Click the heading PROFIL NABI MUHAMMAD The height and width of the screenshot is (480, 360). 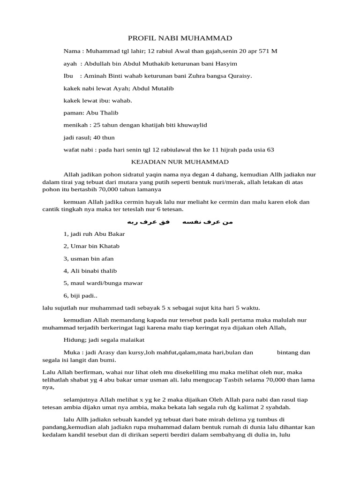pos(180,38)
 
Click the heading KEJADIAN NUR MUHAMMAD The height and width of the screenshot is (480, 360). pos(179,162)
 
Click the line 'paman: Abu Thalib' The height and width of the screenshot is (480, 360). pos(90,113)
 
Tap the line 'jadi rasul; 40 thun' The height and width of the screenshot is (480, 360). pos(89,137)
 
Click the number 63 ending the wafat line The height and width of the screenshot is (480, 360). pos(270,150)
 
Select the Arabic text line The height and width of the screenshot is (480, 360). pos(180,221)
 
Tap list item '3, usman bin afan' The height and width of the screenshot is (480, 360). pos(88,258)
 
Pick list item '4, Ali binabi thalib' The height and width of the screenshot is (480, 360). pos(90,271)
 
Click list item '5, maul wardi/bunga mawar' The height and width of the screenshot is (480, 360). pos(103,283)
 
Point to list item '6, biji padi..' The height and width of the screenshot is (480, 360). pos(80,295)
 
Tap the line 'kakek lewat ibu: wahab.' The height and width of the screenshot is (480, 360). pos(97,100)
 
